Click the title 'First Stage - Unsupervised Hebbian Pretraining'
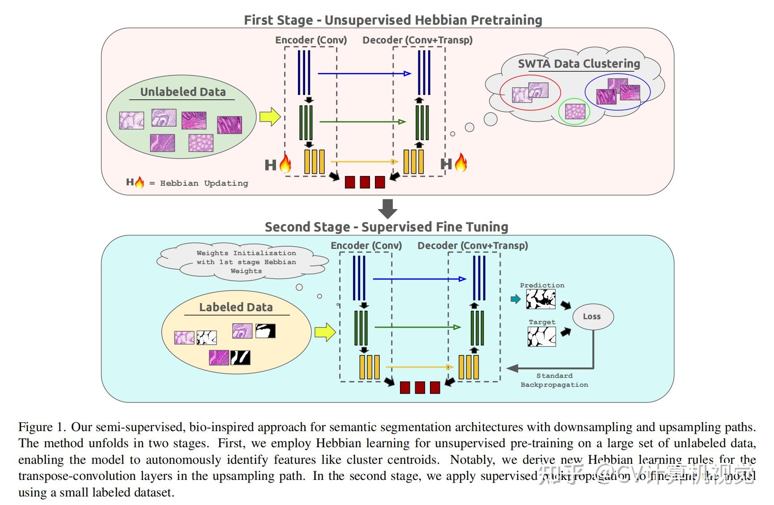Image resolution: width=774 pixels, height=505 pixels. point(393,20)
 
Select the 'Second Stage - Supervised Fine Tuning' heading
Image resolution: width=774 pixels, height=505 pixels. point(386,227)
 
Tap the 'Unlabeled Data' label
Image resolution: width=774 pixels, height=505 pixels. point(183,92)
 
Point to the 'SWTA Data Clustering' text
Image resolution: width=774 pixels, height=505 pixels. point(578,64)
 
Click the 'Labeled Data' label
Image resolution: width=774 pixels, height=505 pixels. point(236,307)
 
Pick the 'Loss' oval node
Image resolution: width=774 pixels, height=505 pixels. point(592,317)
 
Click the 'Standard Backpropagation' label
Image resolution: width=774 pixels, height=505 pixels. point(554,380)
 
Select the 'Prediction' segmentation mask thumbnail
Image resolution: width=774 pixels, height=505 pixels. point(540,299)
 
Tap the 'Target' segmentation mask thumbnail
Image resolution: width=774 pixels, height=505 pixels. point(541,336)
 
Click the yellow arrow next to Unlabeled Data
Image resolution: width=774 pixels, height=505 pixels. point(270,117)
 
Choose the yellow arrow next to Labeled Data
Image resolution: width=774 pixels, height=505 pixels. point(325,332)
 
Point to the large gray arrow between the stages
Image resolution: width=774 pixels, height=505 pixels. point(387,209)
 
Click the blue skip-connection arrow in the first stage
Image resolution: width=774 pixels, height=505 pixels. point(364,73)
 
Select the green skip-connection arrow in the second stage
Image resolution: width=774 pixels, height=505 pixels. point(417,327)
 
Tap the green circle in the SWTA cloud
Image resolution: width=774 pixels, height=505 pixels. point(575,111)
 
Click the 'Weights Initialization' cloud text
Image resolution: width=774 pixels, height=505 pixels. point(246,262)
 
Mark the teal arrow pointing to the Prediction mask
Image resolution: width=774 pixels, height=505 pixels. point(515,299)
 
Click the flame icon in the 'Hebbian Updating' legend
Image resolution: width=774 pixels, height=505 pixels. point(140,182)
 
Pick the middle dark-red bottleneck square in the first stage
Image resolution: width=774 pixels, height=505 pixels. point(365,182)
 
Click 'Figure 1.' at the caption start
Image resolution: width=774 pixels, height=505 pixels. point(42,427)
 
